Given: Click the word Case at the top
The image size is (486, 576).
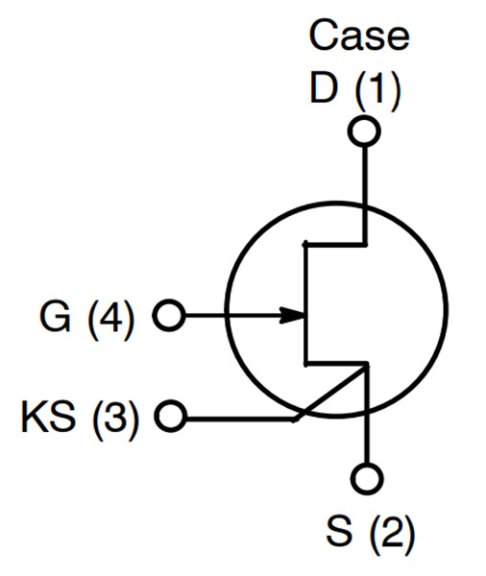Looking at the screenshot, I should (x=359, y=36).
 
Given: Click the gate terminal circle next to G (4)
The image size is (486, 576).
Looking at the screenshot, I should (x=168, y=315).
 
